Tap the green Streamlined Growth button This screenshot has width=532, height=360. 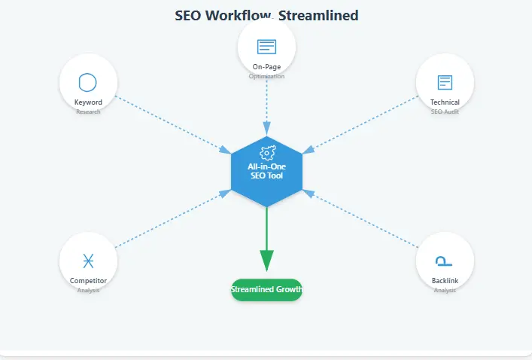pyautogui.click(x=266, y=289)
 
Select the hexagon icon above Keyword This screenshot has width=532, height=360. pyautogui.click(x=88, y=82)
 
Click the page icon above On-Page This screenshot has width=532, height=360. pyautogui.click(x=266, y=47)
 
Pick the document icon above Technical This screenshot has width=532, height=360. pyautogui.click(x=445, y=82)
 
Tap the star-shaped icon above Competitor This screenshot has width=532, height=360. pyautogui.click(x=88, y=261)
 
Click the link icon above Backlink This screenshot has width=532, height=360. pyautogui.click(x=445, y=261)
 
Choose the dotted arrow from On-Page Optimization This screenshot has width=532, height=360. pyautogui.click(x=266, y=105)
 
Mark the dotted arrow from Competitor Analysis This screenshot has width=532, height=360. pyautogui.click(x=173, y=219)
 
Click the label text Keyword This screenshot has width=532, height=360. pyautogui.click(x=88, y=102)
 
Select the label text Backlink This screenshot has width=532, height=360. pyautogui.click(x=445, y=281)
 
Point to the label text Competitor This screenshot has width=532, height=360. pyautogui.click(x=88, y=281)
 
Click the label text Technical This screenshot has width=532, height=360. pyautogui.click(x=445, y=102)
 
